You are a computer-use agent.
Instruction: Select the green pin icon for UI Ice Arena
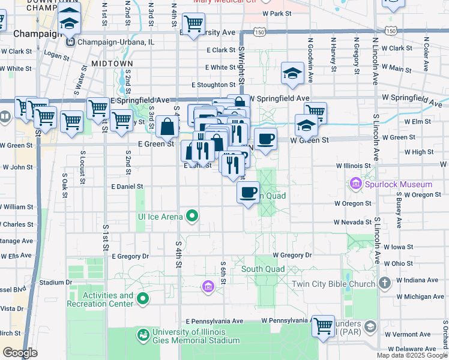pos(192,215)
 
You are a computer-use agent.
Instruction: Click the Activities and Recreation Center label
pos(108,299)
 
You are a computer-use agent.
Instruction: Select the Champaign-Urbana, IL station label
pos(113,42)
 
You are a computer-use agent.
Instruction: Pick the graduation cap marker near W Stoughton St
pos(292,73)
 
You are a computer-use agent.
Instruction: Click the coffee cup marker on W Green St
pos(265,139)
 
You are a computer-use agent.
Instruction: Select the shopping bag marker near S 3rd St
pos(167,127)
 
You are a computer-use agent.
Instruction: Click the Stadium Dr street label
pos(55,282)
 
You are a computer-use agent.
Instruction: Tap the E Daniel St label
pos(127,187)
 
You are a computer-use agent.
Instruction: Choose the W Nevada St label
pos(353,222)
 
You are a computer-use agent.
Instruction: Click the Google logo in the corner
pos(20,353)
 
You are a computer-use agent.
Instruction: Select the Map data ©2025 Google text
pos(412,355)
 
